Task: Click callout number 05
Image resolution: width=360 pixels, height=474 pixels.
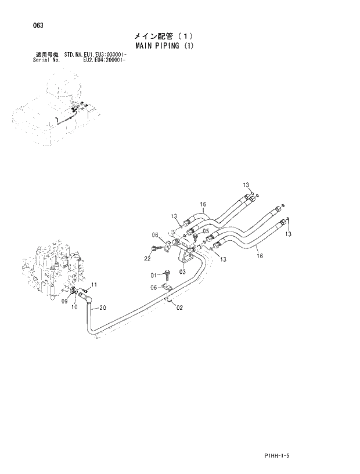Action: click(206, 230)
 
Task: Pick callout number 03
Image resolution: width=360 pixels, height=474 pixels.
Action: click(182, 271)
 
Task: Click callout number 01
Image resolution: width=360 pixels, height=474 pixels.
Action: click(154, 274)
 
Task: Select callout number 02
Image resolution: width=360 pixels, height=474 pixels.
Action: click(179, 307)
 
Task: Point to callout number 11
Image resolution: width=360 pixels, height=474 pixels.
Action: click(94, 284)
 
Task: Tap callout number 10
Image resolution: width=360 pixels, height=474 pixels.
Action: click(74, 307)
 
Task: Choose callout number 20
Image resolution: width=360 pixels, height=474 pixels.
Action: click(102, 307)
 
